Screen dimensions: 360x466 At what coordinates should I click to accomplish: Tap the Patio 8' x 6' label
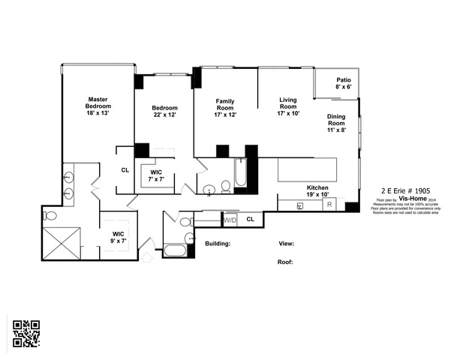point(343,83)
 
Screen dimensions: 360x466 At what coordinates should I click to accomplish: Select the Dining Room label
point(336,123)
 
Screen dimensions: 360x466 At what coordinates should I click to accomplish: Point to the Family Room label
point(225,109)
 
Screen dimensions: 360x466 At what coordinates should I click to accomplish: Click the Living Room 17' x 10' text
point(288,106)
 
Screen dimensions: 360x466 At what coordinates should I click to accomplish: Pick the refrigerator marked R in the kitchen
point(329,205)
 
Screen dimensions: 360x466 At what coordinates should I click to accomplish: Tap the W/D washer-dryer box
point(230,219)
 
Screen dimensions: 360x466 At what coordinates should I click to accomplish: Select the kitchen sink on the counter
point(299,205)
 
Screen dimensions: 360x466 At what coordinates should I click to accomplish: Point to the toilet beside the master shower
point(50,216)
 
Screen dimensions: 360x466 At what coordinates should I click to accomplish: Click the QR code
point(26,334)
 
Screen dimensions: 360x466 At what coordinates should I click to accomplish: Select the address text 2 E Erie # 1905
point(406,191)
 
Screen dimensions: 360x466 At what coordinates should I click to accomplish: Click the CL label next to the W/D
point(250,219)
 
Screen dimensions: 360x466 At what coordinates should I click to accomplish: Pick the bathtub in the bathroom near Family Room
point(240,173)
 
